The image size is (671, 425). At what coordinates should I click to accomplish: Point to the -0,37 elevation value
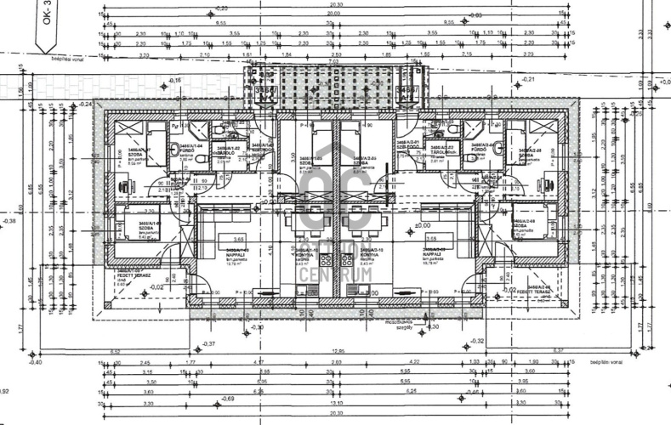210,343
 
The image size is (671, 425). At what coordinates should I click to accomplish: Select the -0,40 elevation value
34,361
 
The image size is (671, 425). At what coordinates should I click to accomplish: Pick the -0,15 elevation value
176,80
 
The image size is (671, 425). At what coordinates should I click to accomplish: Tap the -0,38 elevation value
9,221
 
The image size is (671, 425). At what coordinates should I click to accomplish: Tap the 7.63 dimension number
335,60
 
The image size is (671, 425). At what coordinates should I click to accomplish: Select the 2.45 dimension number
145,361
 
